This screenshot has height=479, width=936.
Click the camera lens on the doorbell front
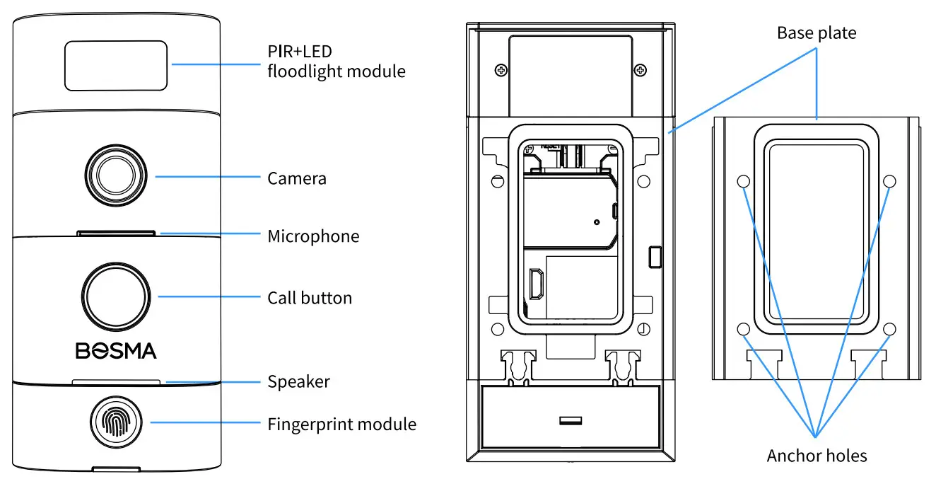click(115, 173)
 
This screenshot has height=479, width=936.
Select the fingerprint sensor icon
click(115, 423)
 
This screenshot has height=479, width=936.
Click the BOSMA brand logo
click(115, 350)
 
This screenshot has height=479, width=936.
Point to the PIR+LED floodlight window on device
click(117, 65)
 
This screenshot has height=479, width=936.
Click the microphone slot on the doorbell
click(117, 231)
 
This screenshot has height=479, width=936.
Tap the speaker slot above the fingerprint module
click(117, 381)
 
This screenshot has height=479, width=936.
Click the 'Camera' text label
click(297, 178)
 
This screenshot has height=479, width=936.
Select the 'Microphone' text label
click(313, 236)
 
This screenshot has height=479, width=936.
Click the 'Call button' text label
click(309, 298)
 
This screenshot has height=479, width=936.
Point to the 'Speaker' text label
click(298, 382)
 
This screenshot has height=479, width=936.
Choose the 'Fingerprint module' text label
click(341, 425)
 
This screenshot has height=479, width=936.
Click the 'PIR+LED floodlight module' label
click(336, 62)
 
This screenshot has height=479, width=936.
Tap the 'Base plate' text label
click(817, 33)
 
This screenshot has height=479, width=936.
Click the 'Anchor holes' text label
click(817, 456)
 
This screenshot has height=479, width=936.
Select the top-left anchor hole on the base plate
click(743, 182)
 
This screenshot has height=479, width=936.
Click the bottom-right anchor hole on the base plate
click(890, 329)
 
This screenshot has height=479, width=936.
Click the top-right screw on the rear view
click(639, 69)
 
